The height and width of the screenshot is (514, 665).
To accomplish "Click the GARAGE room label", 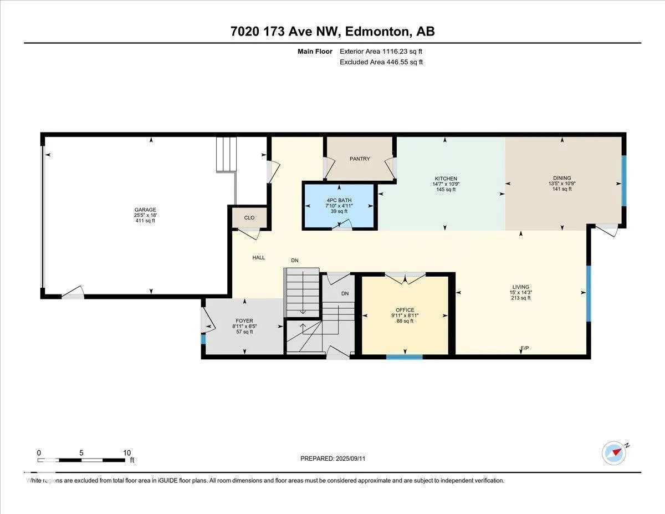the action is [145, 210].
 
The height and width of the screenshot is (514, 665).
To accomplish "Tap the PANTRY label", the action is [360, 159].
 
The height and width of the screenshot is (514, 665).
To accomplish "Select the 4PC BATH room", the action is [339, 206].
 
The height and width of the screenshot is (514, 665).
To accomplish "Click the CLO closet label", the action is [249, 218].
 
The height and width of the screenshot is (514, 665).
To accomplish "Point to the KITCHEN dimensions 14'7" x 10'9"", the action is [446, 184].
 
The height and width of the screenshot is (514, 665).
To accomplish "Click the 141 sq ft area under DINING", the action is [562, 189].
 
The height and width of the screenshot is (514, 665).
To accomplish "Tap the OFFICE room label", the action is [405, 310].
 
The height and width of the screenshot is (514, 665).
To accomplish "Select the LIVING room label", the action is [520, 287].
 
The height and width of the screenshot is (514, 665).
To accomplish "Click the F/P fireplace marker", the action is [525, 348].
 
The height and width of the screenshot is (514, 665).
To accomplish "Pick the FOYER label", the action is [244, 321].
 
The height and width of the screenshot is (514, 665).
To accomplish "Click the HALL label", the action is [259, 258].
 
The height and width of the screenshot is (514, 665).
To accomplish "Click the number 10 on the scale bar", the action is [127, 453].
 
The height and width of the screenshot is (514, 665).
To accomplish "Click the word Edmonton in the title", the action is [377, 32].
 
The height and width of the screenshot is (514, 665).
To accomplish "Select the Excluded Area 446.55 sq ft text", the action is [381, 62].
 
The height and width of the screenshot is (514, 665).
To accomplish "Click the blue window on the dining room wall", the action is [624, 181].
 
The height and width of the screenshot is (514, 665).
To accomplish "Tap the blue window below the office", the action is [404, 357].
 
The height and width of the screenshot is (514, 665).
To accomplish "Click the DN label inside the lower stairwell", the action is [345, 293].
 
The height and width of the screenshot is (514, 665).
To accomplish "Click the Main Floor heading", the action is [315, 52].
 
